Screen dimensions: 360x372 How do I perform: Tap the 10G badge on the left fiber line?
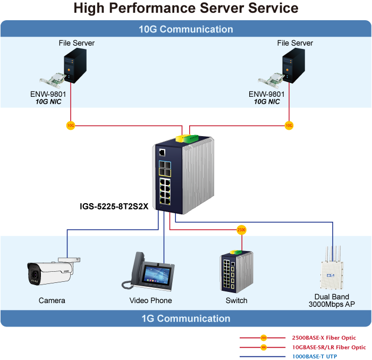pyautogui.click(x=70, y=125)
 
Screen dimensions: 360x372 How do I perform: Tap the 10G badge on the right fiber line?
pyautogui.click(x=289, y=125)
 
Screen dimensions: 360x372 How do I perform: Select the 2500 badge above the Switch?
pyautogui.click(x=241, y=230)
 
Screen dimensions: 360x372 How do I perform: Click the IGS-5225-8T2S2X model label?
pyautogui.click(x=114, y=206)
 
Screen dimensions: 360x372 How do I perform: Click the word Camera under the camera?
pyautogui.click(x=52, y=300)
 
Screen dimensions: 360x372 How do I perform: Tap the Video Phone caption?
pyautogui.click(x=151, y=300)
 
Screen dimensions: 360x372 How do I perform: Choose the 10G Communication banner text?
pyautogui.click(x=186, y=29)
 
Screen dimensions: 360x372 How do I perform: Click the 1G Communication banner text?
pyautogui.click(x=186, y=319)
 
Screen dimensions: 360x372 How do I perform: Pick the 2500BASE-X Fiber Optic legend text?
pyautogui.click(x=324, y=338)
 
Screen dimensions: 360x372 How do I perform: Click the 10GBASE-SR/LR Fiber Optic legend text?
pyautogui.click(x=329, y=347)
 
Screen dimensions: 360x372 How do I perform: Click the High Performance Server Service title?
pyautogui.click(x=186, y=9)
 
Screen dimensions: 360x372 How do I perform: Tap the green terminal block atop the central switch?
pyautogui.click(x=190, y=138)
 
